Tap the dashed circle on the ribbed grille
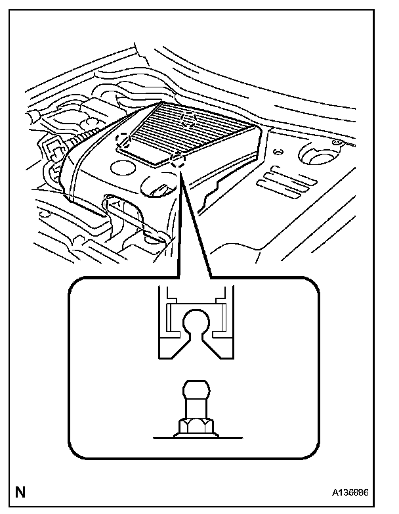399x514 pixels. pos(188,119)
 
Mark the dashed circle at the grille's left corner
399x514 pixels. pos(123,139)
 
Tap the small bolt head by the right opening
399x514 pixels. pos(339,141)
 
